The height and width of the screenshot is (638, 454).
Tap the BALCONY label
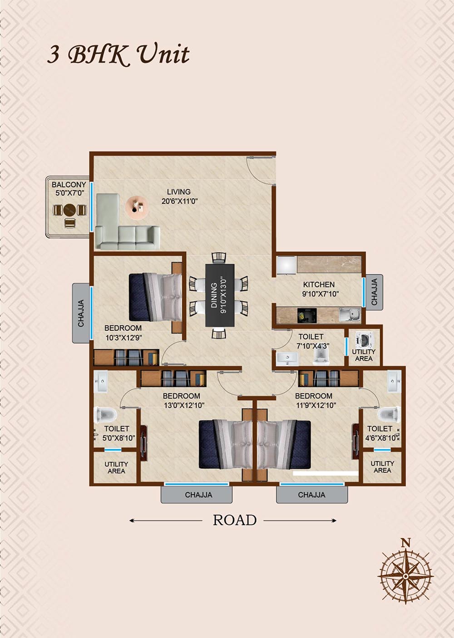[x=69, y=185]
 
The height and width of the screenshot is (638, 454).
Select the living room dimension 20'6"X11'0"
[x=179, y=201]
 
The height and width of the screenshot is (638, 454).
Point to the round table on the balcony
[x=70, y=210]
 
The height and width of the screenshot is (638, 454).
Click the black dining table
[x=220, y=295]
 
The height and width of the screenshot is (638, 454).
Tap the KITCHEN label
[x=319, y=284]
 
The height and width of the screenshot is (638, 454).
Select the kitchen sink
[x=350, y=315]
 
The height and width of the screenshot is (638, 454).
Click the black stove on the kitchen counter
[x=307, y=315]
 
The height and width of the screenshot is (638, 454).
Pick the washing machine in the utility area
[x=363, y=339]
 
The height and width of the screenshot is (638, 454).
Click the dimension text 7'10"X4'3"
[x=313, y=346]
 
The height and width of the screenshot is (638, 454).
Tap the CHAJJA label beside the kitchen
[x=374, y=292]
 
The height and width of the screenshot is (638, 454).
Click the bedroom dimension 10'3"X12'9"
[x=123, y=338]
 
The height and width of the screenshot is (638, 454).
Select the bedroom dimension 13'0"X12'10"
[x=184, y=405]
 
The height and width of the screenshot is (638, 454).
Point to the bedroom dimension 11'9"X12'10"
[x=316, y=405]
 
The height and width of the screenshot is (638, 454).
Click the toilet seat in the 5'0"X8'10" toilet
[x=105, y=414]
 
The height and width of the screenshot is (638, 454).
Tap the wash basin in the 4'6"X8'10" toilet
[x=394, y=381]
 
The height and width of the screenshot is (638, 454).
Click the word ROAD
[x=235, y=520]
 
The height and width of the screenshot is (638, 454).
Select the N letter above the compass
[x=406, y=543]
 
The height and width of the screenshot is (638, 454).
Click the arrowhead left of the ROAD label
[x=131, y=520]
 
